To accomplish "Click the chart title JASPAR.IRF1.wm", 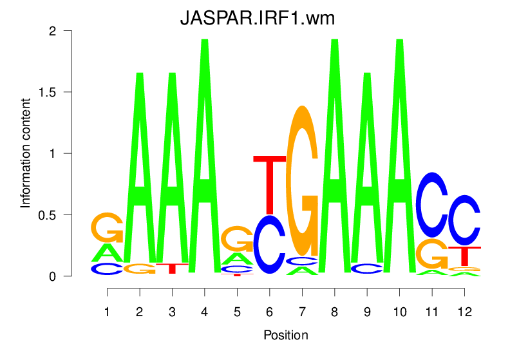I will [x=258, y=19].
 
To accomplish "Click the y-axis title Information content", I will [x=26, y=153].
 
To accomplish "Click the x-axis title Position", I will [x=285, y=336].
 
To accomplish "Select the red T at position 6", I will [x=269, y=184].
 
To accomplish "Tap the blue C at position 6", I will [x=269, y=245].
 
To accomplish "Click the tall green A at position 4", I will [x=204, y=161].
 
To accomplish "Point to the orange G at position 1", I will [x=107, y=227].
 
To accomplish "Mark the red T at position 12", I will [x=464, y=255].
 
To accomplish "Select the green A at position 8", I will [x=334, y=161].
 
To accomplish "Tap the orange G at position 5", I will [x=237, y=238].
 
